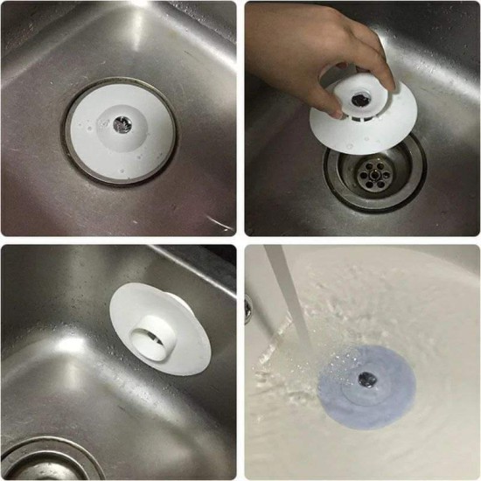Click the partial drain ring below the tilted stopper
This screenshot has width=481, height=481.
coord(44,459)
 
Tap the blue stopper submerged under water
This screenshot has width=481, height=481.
coord(367,389)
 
